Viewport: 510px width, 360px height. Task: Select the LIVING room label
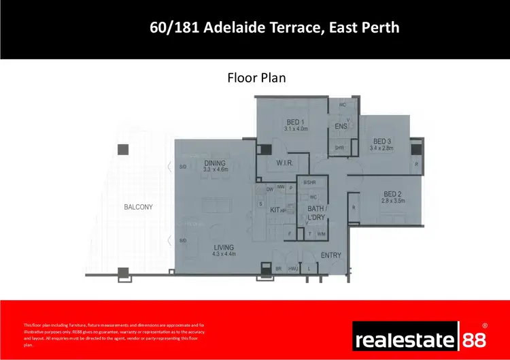pyautogui.click(x=222, y=247)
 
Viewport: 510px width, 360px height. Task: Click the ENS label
pyautogui.click(x=341, y=126)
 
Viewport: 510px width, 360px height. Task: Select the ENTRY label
pyautogui.click(x=330, y=255)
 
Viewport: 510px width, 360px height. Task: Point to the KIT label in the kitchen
pyautogui.click(x=275, y=210)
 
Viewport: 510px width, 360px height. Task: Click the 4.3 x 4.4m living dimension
pyautogui.click(x=223, y=255)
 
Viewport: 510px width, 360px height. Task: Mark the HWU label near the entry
pyautogui.click(x=293, y=269)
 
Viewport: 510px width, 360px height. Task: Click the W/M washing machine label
pyautogui.click(x=322, y=233)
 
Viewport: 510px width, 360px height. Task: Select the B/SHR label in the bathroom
pyautogui.click(x=310, y=182)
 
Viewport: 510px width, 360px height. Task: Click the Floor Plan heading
pyautogui.click(x=256, y=78)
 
